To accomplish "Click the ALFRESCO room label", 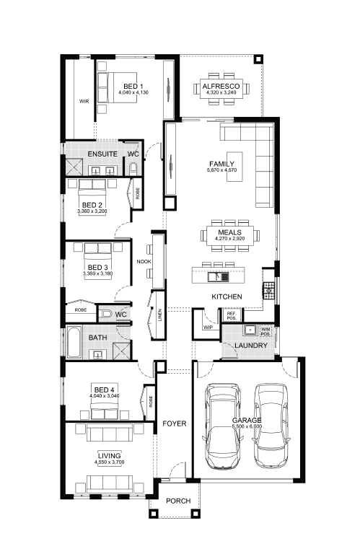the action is coord(221,86).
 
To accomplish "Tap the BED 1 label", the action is coord(133,87).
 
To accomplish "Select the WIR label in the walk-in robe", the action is coord(84,102).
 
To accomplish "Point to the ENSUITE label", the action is coord(102,154).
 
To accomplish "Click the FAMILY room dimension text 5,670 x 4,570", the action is coord(221,170).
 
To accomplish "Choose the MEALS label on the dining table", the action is coord(229,232).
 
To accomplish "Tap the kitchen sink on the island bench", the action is coord(218,277).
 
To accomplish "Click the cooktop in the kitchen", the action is coord(268,290).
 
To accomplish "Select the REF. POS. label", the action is coord(232,316).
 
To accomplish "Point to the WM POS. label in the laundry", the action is coord(265,332).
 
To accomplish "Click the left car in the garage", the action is coord(223,426).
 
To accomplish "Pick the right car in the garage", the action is coord(271,426).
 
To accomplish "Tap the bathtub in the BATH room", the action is coord(74,342).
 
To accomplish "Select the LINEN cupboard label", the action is coord(160,315).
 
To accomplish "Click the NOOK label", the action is coord(144,262).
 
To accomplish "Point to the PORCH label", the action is coord(178,501).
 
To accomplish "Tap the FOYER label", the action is coord(175,423).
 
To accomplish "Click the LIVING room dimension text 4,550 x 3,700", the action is coord(109,462).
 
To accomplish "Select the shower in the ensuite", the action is coord(74,167).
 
